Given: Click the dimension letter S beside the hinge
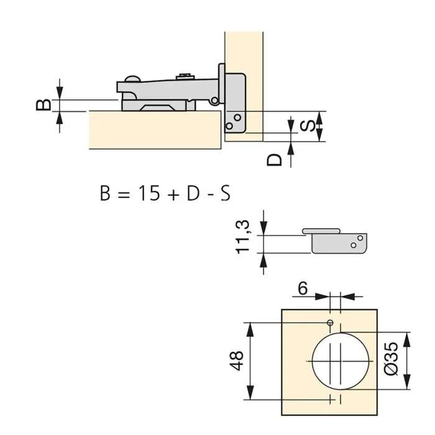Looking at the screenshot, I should pyautogui.click(x=306, y=126).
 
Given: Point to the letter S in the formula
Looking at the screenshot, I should pyautogui.click(x=224, y=193).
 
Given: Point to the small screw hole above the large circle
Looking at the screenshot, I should pyautogui.click(x=331, y=323).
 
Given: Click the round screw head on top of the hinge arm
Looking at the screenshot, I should pyautogui.click(x=131, y=79).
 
